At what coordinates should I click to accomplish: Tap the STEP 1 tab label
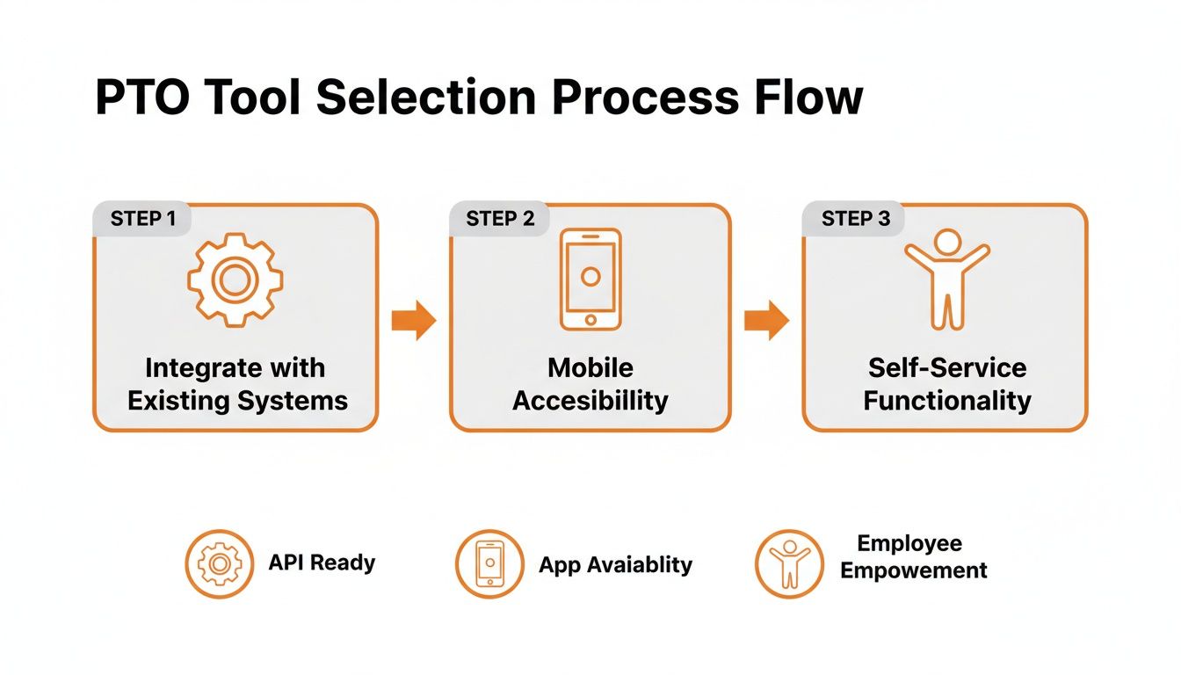click(x=142, y=219)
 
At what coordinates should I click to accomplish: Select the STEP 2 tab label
click(x=500, y=219)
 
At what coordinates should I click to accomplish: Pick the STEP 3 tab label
click(x=855, y=219)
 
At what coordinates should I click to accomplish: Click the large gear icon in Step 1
click(x=235, y=280)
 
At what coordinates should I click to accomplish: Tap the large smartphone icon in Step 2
click(x=590, y=279)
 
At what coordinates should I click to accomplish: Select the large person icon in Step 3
click(x=946, y=279)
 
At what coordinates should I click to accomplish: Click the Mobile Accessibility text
click(x=590, y=384)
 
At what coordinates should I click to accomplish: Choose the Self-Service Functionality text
click(x=946, y=384)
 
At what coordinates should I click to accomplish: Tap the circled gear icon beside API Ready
click(x=220, y=563)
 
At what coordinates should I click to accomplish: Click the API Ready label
click(x=322, y=562)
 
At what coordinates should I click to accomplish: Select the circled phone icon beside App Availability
click(x=489, y=563)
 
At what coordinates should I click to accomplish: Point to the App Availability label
click(x=615, y=564)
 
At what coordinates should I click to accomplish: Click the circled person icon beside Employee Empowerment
click(x=788, y=563)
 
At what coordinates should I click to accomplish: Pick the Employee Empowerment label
click(x=912, y=556)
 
